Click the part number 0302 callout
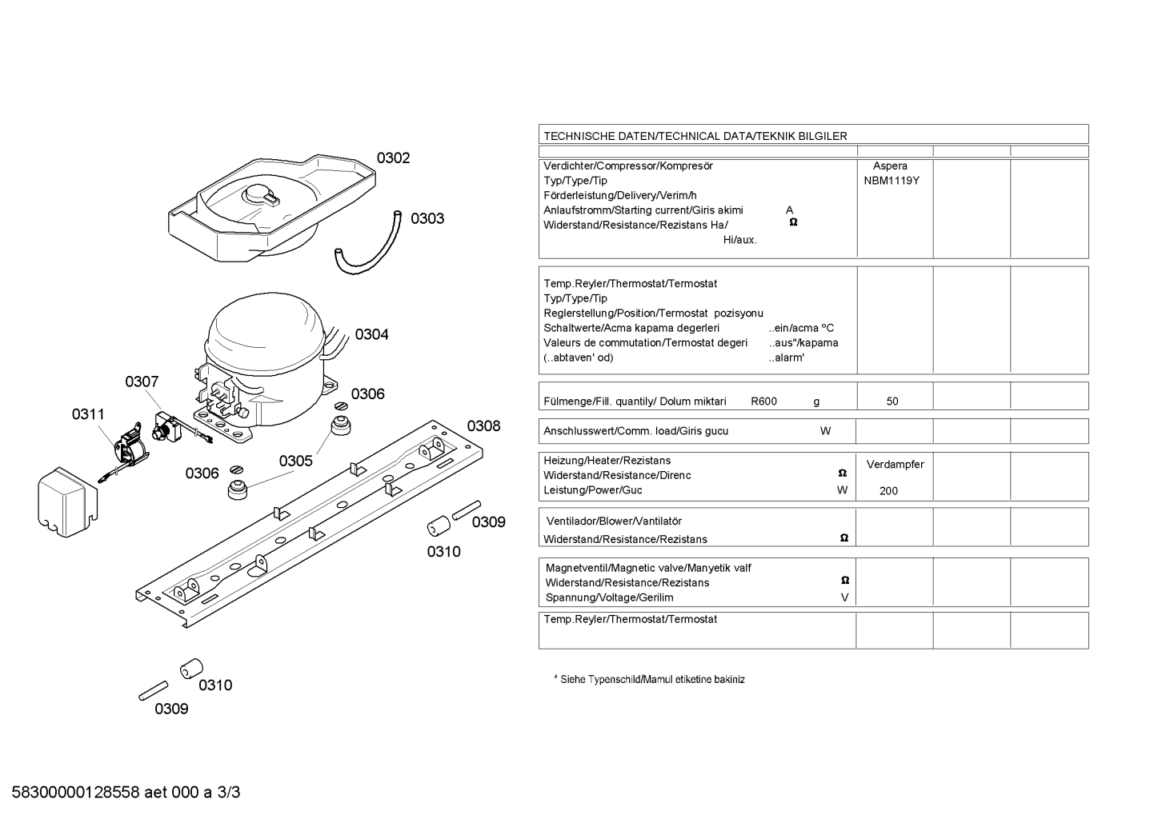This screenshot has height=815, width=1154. tap(393, 158)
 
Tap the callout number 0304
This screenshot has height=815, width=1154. tap(371, 334)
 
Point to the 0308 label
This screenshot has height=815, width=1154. tap(483, 426)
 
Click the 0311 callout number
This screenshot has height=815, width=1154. tap(88, 414)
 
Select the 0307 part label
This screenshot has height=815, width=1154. tap(142, 382)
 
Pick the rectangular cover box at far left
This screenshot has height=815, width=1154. tap(67, 502)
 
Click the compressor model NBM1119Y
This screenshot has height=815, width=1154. tap(892, 181)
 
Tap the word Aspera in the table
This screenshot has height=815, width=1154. tap(890, 166)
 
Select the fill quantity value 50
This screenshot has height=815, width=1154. tap(892, 402)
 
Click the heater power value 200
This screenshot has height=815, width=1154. tap(888, 491)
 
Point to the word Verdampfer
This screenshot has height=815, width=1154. tap(895, 465)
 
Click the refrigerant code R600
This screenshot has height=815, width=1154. tap(763, 402)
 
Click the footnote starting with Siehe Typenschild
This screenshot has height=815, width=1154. tap(649, 680)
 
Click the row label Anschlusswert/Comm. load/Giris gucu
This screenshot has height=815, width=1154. tap(635, 431)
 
